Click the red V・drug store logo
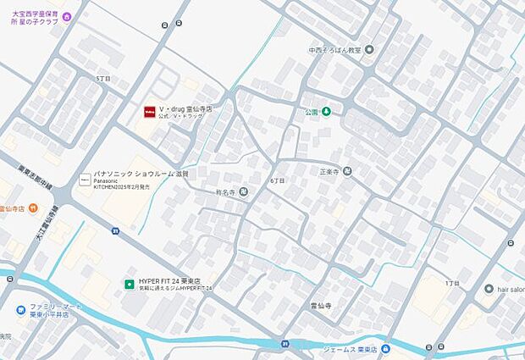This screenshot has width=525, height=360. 149,110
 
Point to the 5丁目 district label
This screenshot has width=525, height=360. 103,79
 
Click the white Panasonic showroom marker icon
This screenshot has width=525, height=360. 84,180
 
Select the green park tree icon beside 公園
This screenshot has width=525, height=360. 325,112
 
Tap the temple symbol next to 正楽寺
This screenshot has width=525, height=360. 347,171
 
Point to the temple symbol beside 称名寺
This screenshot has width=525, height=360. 244,192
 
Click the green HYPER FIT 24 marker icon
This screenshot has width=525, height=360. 130,282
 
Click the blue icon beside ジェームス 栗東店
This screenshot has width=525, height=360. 386,348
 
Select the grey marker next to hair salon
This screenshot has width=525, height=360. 489,289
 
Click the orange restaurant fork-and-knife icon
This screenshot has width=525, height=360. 32,208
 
